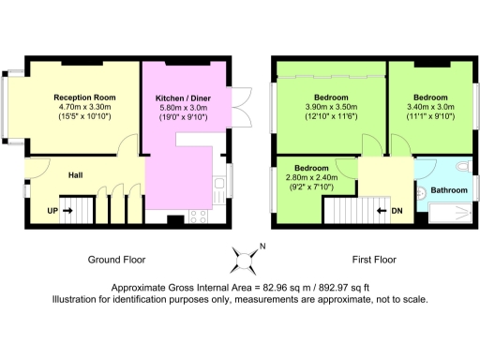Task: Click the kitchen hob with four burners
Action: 199,217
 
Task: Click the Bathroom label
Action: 451,190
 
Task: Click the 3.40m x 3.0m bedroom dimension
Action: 430,107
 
